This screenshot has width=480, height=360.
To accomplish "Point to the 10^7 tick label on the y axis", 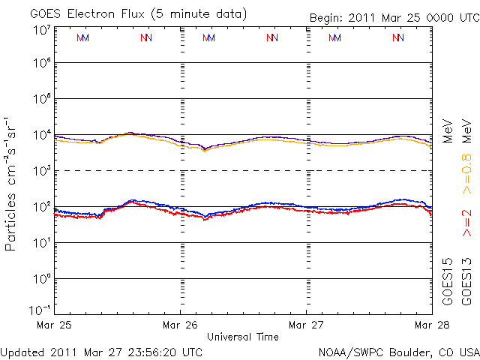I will tap(41, 31).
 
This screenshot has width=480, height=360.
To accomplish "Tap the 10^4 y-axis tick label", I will tap(41, 135).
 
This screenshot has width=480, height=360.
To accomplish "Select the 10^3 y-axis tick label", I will tap(41, 171).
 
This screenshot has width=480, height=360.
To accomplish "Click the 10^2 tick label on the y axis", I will tap(41, 207).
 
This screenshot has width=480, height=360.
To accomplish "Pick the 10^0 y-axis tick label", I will tap(41, 279).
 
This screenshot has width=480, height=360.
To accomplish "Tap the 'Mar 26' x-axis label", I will tap(181, 325).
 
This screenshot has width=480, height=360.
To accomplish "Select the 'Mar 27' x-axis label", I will tap(307, 325).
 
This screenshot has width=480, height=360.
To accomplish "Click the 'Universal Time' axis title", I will tap(243, 337).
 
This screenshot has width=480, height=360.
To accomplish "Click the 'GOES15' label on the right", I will tap(448, 281).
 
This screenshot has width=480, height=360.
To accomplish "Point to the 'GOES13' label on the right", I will tap(467, 281).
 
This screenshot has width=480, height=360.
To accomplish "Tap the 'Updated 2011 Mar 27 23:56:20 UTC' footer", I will tap(102, 351).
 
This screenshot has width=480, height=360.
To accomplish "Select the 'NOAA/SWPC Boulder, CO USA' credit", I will tap(398, 351).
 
